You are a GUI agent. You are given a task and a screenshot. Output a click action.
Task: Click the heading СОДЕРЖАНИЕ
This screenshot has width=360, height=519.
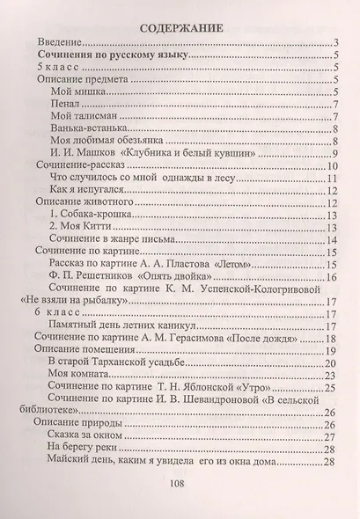pyautogui.click(x=180, y=26)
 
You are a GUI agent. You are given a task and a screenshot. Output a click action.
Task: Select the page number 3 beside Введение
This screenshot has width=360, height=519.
pyautogui.click(x=337, y=42)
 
